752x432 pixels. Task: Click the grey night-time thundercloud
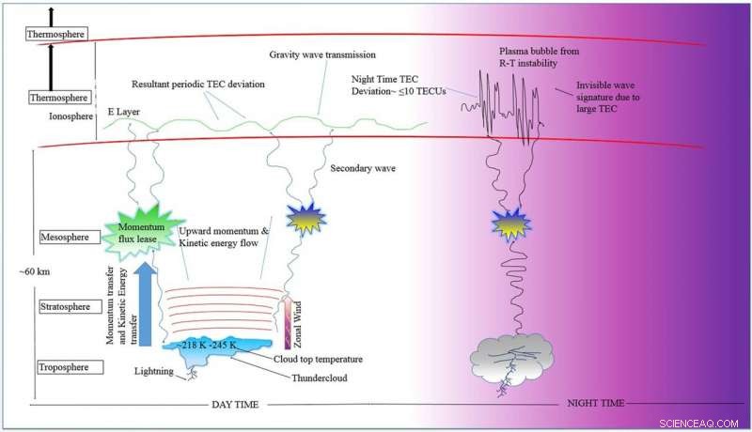click(511, 355)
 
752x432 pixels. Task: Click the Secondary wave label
click(360, 169)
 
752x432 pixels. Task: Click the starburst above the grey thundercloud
click(511, 224)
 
